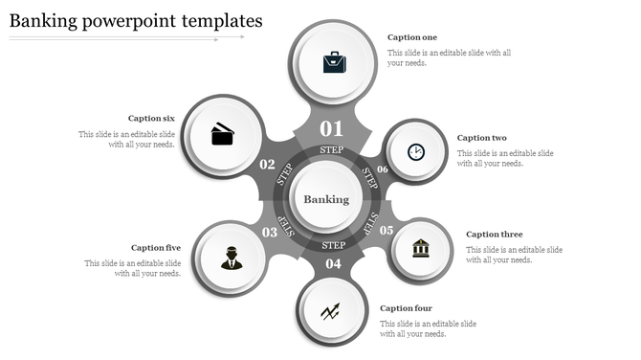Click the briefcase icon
pos(334,62)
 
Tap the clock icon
pos(415,151)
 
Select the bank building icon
pos(421,249)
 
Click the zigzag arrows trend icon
pos(331,310)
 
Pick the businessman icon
pos(232,258)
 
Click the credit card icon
pos(223,133)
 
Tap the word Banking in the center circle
pos(326,199)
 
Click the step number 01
pos(331,128)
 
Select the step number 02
pos(268,165)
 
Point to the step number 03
pos(270,232)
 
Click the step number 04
pos(333,263)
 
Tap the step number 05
pos(387,231)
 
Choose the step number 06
pos(382,169)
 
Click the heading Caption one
pos(410,37)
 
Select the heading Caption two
pos(480,138)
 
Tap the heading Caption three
pos(495,235)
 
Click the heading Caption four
pos(406,308)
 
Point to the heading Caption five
pos(155,248)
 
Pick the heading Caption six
pos(151,119)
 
